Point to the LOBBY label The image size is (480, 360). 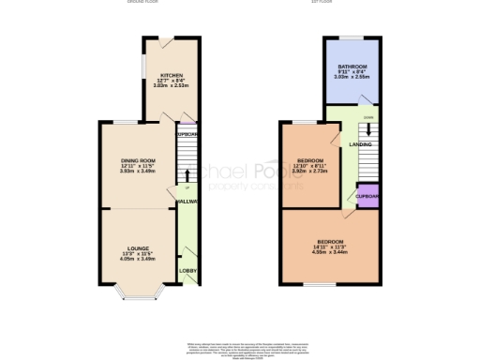[x=187, y=272]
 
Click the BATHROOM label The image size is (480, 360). [x=352, y=66]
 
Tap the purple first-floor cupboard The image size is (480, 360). [x=366, y=196]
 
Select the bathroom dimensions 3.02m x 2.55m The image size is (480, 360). [x=352, y=77]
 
